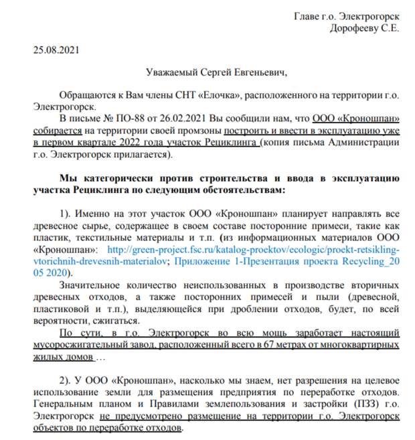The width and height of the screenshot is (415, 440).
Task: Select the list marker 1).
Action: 66,213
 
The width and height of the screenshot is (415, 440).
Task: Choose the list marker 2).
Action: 66,380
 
